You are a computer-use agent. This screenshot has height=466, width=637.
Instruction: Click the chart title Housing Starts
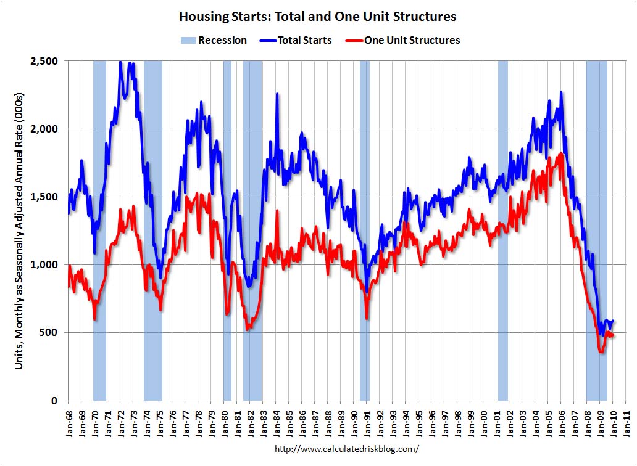pos(318,16)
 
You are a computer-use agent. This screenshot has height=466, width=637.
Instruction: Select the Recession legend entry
pos(214,40)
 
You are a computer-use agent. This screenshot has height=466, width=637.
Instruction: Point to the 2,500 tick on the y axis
pos(44,61)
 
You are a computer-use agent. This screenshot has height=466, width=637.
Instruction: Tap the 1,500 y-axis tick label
pos(44,197)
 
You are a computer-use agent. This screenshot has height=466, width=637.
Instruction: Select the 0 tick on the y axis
pos(54,401)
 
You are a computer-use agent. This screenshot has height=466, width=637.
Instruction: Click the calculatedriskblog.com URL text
pos(346,449)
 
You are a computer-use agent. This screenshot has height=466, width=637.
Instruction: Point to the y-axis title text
pos(20,231)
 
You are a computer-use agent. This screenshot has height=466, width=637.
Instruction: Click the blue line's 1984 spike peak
pos(277,94)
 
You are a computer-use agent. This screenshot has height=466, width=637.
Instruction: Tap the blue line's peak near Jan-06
pos(560,92)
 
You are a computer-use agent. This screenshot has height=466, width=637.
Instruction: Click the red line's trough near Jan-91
pos(367,317)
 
